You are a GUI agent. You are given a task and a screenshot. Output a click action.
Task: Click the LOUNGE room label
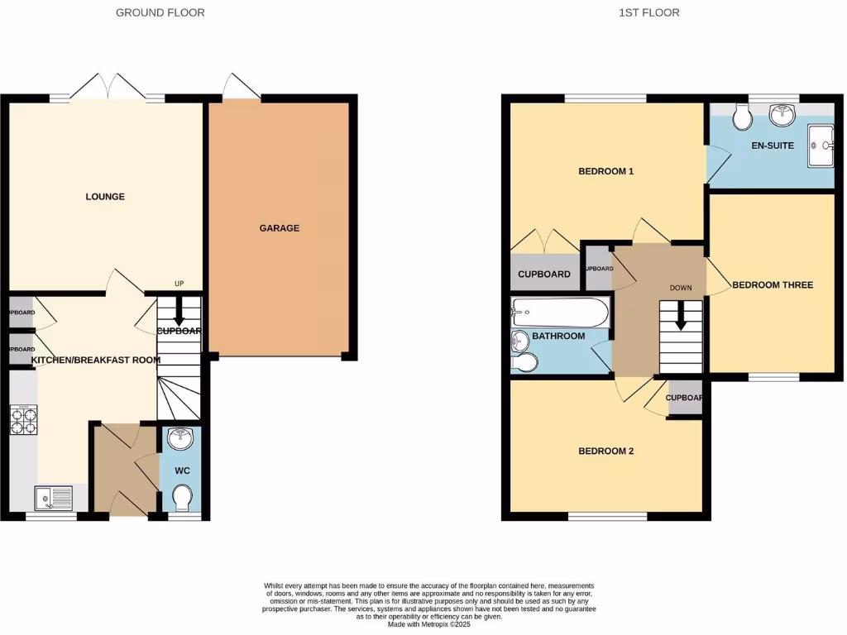click(105, 197)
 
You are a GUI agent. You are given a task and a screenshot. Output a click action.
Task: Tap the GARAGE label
click(280, 228)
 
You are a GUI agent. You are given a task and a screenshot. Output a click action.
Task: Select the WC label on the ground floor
click(183, 470)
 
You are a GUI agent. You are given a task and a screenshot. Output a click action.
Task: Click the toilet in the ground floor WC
click(182, 497)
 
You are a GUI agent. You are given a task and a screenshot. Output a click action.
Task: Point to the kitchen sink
click(54, 499)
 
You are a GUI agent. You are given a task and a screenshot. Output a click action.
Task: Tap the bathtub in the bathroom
click(560, 313)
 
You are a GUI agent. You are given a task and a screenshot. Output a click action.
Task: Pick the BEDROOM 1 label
click(605, 172)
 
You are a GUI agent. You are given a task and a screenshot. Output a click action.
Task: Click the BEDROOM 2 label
click(605, 451)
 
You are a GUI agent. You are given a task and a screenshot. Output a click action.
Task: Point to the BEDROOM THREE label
click(773, 285)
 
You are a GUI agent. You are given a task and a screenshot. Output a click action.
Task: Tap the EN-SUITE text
click(773, 146)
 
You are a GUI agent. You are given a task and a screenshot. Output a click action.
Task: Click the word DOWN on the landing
click(680, 289)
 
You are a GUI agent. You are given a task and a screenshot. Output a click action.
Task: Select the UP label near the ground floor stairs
click(179, 284)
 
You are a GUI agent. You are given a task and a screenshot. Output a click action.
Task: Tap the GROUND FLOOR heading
click(160, 12)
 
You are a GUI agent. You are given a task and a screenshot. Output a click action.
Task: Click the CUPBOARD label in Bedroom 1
click(544, 275)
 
